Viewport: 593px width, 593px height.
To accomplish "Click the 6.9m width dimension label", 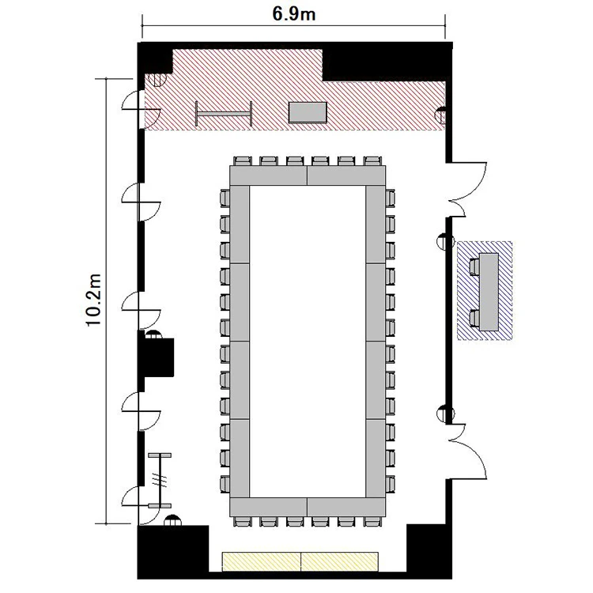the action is [294, 14].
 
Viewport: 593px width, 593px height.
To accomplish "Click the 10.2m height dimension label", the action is [94, 300].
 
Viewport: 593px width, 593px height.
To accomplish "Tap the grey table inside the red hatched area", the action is [308, 112].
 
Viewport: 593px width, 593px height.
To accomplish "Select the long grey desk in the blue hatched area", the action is [489, 292].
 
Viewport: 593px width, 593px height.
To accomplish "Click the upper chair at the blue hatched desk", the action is [474, 266].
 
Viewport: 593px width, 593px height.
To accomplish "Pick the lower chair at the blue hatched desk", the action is [474, 319].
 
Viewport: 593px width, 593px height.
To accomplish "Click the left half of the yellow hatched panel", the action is [262, 561].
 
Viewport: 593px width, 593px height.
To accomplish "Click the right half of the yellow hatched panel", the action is [340, 561].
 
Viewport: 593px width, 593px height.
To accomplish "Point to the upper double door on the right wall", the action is [467, 189].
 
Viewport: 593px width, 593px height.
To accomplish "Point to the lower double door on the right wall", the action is [467, 452].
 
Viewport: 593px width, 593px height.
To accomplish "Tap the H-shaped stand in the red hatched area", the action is [224, 113].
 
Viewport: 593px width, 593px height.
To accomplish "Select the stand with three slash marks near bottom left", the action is [160, 480].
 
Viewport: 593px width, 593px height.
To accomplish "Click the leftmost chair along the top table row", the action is [243, 161].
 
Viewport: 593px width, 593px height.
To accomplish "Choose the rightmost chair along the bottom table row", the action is [372, 522].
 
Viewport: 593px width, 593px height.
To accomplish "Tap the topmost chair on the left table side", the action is [225, 198].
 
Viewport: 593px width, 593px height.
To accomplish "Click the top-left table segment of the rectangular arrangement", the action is [269, 176].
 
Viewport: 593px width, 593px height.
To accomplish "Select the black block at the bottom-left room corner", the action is [173, 552].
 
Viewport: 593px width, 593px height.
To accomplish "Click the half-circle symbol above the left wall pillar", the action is [153, 334].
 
